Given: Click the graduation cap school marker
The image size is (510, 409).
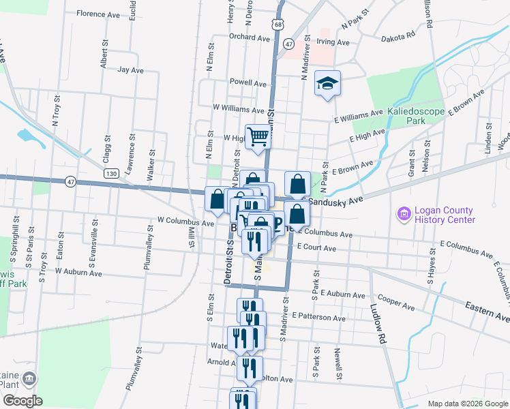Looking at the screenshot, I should (x=327, y=83).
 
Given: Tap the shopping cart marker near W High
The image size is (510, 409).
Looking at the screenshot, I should (x=258, y=136).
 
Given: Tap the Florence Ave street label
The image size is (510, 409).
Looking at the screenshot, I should (x=98, y=14).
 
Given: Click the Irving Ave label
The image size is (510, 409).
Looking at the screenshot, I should (x=333, y=42).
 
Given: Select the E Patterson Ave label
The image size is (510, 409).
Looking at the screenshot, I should (x=318, y=317).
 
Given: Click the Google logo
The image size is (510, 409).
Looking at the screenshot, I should (x=23, y=401).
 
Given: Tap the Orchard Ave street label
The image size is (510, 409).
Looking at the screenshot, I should (x=246, y=37).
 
